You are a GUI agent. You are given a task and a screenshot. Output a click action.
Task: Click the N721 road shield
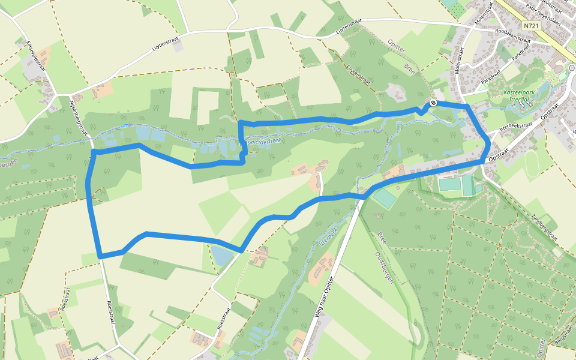[530, 26]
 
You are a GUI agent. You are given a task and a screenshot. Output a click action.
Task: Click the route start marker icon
[433, 103]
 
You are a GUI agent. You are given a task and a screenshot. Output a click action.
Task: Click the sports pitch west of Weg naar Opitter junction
[385, 199]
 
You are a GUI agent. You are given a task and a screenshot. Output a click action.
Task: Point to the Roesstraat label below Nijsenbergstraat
[111, 312]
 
